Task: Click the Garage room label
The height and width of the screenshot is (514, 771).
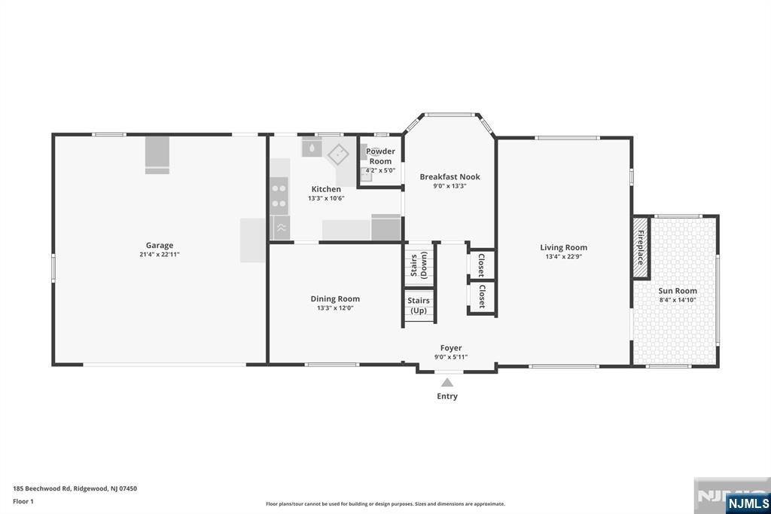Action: [159, 245]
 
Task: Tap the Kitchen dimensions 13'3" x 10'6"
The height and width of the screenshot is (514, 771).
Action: [326, 198]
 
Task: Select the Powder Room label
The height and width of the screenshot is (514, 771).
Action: [380, 156]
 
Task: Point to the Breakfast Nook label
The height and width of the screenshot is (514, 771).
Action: [449, 177]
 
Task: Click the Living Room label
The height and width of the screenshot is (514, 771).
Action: [563, 247]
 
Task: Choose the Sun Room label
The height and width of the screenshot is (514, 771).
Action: [677, 290]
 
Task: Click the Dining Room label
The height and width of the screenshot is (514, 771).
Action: [335, 298]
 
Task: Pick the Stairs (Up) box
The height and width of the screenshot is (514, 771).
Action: [419, 305]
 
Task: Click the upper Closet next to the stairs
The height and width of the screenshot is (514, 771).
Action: [481, 264]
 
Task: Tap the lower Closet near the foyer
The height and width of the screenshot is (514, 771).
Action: [481, 296]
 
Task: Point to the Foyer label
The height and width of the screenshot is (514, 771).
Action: [451, 347]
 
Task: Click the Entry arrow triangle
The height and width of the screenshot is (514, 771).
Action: [447, 382]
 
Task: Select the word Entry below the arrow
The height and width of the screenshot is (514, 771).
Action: [447, 396]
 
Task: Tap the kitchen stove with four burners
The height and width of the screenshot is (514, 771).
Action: [279, 195]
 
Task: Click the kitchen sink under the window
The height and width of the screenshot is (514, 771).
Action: [311, 147]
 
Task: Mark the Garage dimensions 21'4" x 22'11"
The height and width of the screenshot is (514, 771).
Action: [159, 255]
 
